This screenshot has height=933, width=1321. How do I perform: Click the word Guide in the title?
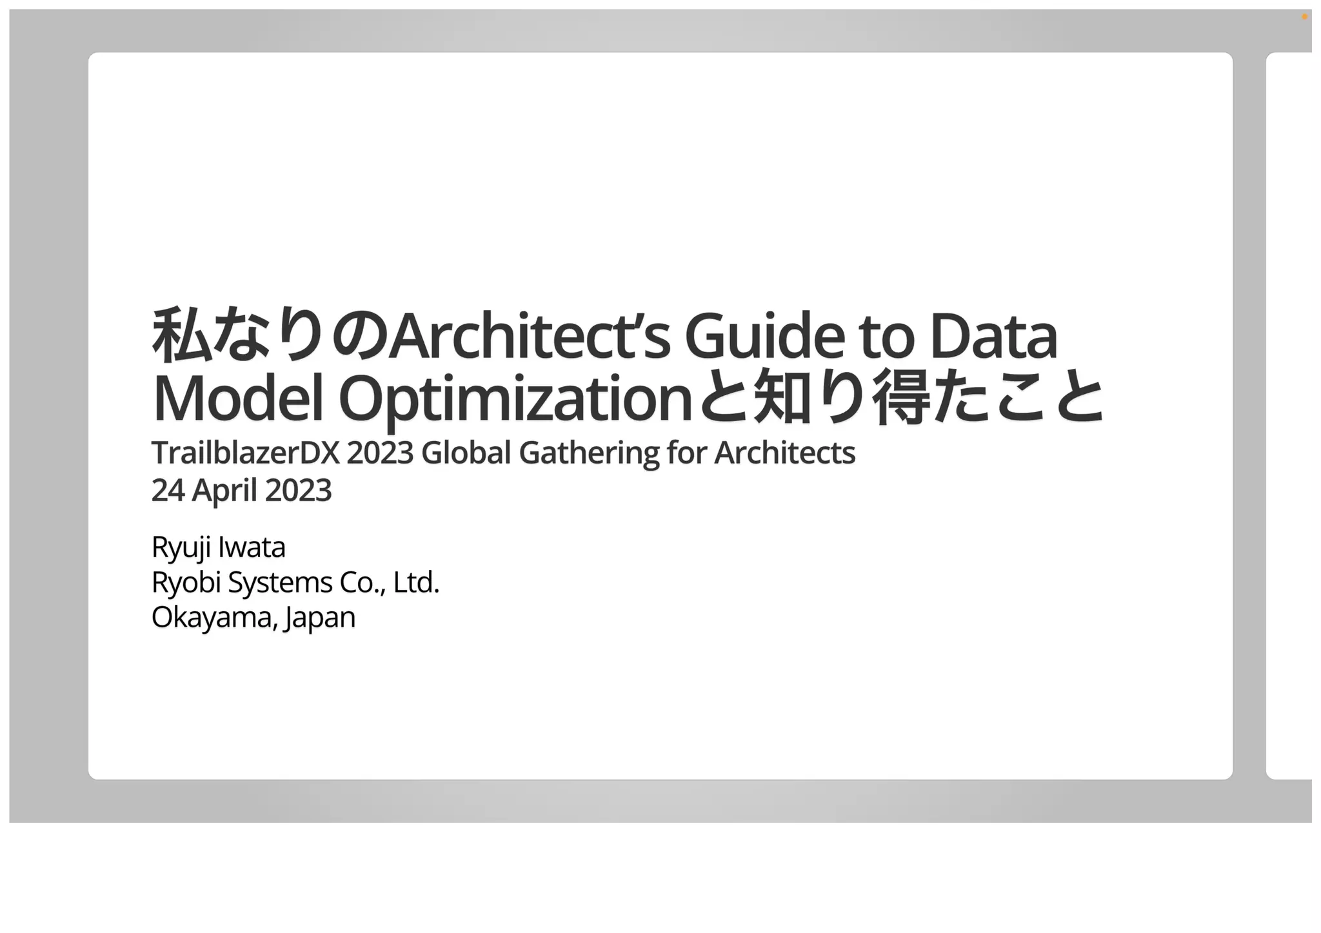[764, 337]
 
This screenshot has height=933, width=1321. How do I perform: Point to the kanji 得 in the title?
[901, 397]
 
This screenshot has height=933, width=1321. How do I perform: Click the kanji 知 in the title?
[781, 397]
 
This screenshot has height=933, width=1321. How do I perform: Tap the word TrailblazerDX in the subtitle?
[245, 453]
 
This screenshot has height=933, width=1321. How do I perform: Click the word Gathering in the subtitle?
[589, 453]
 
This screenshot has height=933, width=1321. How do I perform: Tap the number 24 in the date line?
[168, 491]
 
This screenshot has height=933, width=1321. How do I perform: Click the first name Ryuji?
[181, 548]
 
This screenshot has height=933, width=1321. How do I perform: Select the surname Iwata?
[252, 547]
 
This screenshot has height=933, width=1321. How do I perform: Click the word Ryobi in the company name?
[186, 583]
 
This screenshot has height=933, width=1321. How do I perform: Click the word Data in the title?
[993, 337]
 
